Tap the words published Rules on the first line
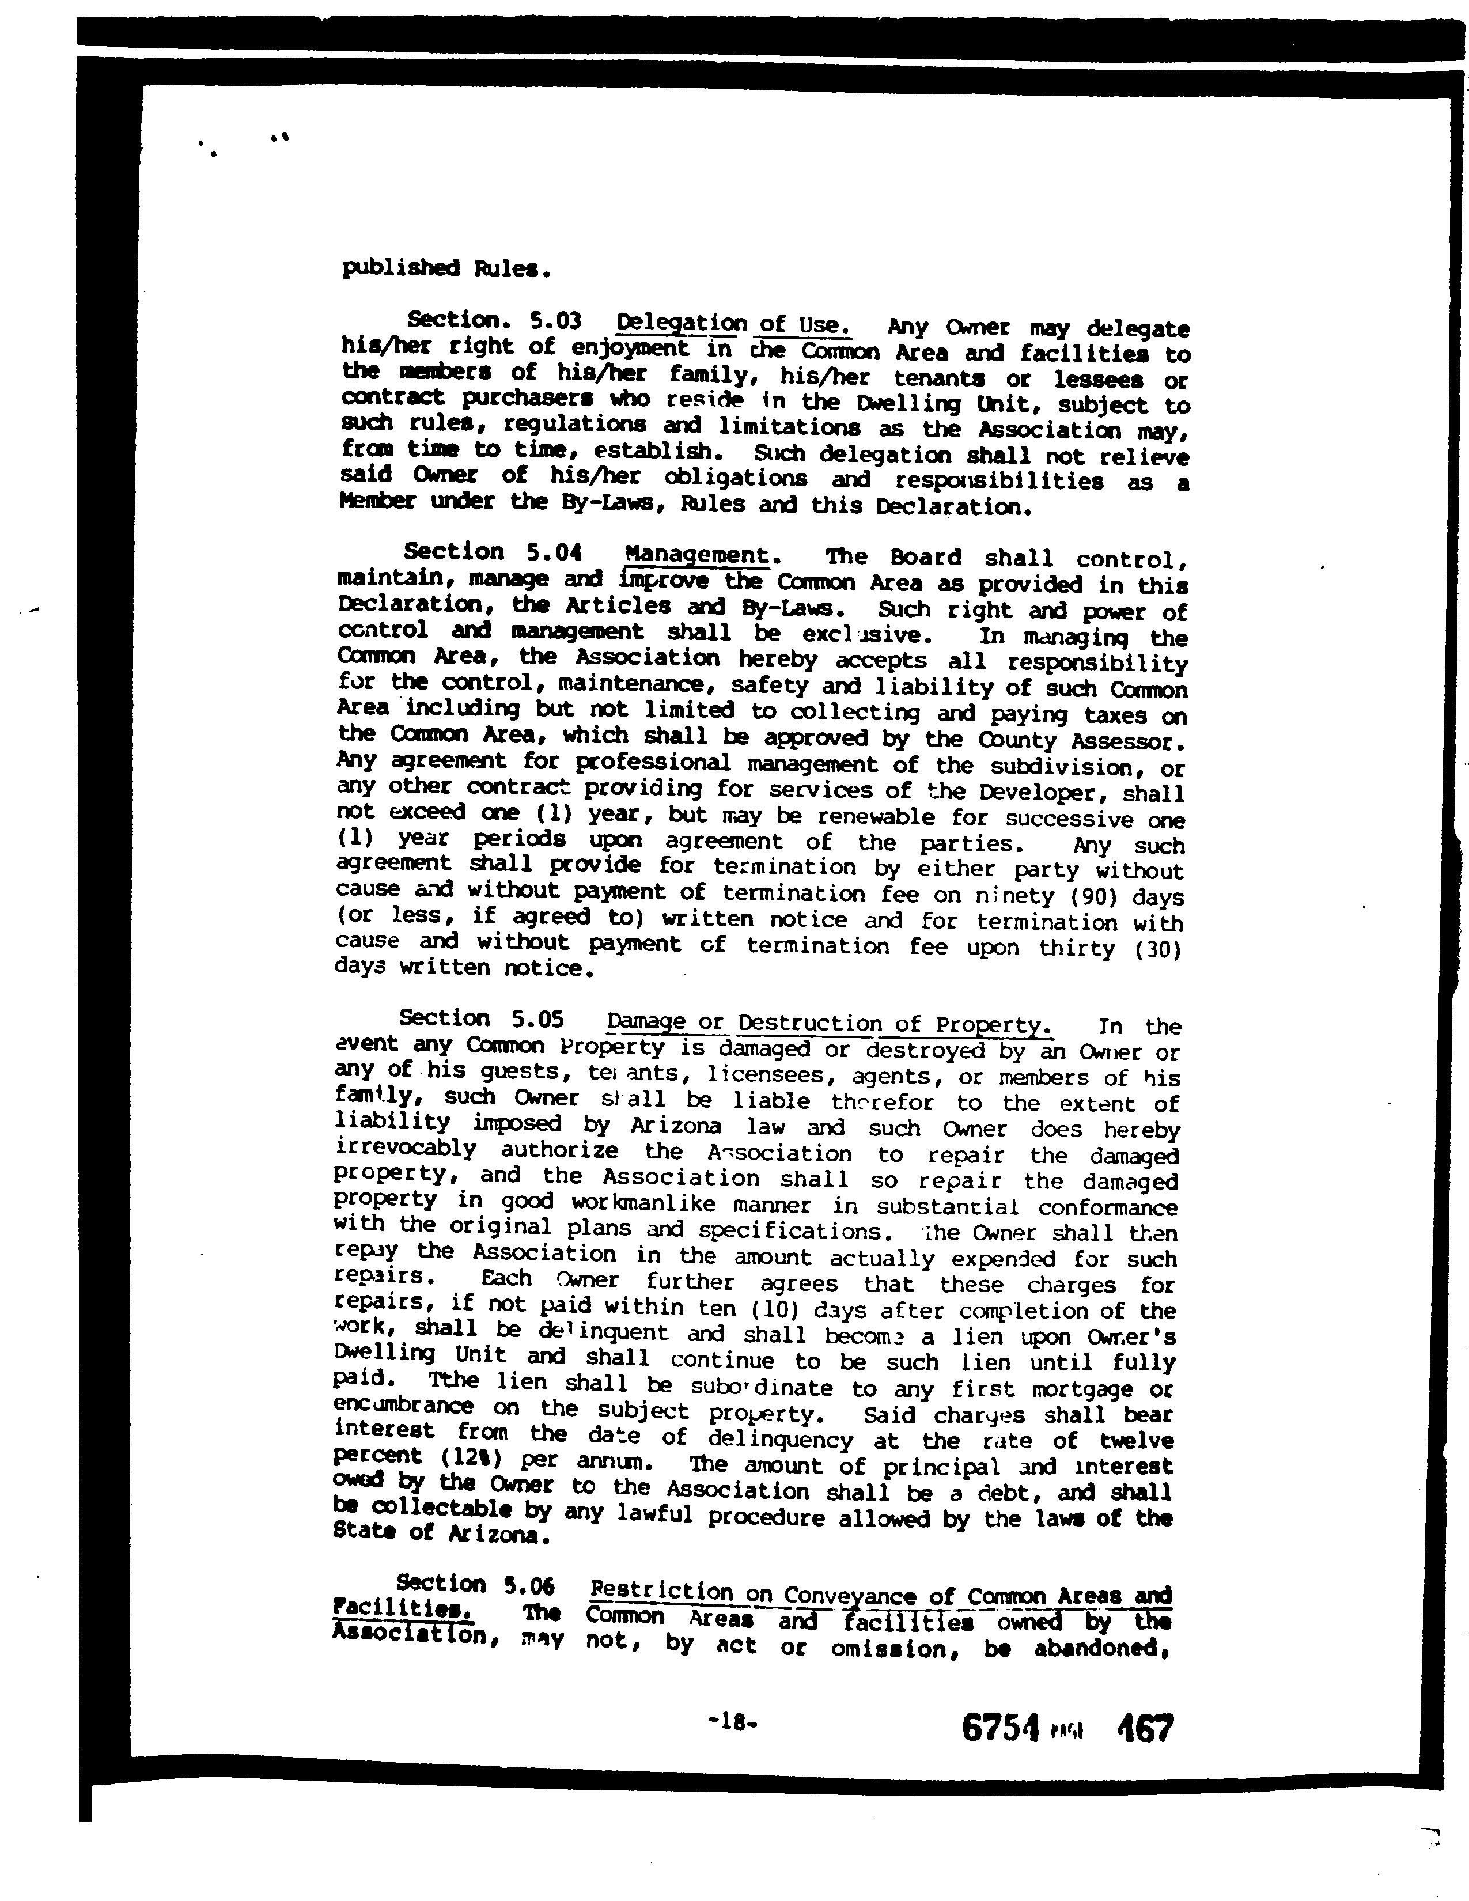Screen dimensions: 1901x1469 point(445,268)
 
